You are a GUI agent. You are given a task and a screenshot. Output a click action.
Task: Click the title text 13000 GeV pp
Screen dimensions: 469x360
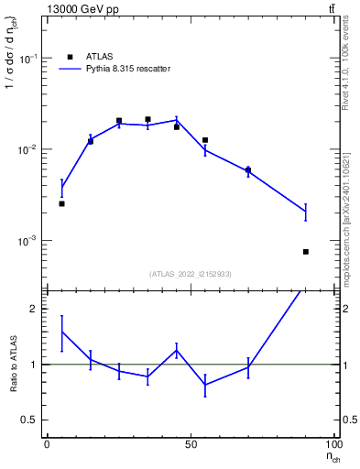(x=82, y=9)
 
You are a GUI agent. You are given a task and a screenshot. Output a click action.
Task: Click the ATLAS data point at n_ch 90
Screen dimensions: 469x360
(x=306, y=251)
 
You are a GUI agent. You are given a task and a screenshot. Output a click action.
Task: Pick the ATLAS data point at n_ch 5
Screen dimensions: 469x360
(x=61, y=203)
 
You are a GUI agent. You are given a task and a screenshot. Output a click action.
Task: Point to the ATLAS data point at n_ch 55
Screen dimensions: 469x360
(x=205, y=140)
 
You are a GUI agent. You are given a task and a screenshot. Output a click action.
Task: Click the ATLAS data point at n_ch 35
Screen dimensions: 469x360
(x=147, y=119)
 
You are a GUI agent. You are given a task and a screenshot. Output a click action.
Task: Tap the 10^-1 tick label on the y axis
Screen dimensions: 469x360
(x=30, y=59)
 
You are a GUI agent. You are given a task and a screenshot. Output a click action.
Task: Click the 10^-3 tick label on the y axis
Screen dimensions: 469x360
(x=30, y=241)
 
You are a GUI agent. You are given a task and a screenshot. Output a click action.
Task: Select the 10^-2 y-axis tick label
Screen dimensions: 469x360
(x=30, y=149)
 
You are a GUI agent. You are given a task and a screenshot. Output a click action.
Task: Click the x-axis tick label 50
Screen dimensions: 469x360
(x=191, y=442)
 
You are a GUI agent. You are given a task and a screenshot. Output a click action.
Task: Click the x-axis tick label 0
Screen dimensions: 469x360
(x=47, y=442)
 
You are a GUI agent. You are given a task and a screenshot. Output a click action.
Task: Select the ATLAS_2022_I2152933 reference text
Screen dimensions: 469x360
(x=191, y=274)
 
